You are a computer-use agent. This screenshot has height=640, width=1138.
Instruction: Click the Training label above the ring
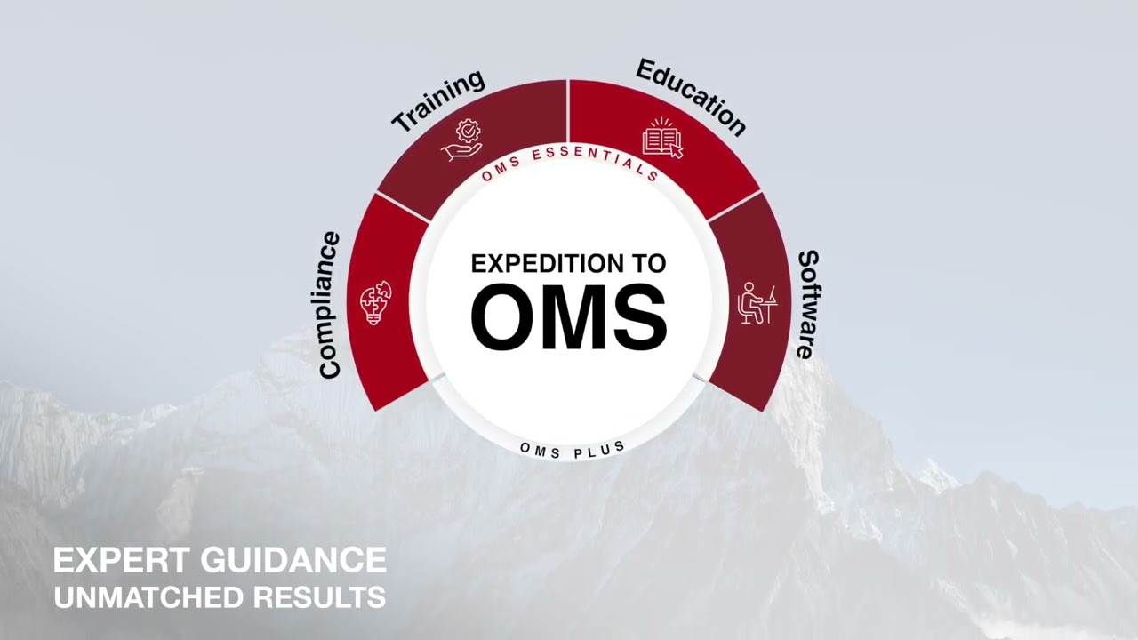438,101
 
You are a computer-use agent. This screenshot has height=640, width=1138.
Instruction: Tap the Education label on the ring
691,97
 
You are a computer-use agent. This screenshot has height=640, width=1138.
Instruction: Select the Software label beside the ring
806,304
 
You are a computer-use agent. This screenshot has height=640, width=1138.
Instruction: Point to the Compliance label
329,305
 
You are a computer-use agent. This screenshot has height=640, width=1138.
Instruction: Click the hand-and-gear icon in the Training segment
462,141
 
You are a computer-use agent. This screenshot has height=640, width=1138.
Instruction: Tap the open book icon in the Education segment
662,139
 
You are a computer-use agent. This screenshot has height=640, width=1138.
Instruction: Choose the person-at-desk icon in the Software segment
757,302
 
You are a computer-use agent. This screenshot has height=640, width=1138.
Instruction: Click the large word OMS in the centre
568,316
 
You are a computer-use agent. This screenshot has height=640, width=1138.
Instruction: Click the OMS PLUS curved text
573,450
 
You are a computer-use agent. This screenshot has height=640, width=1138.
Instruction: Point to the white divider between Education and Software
734,206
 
